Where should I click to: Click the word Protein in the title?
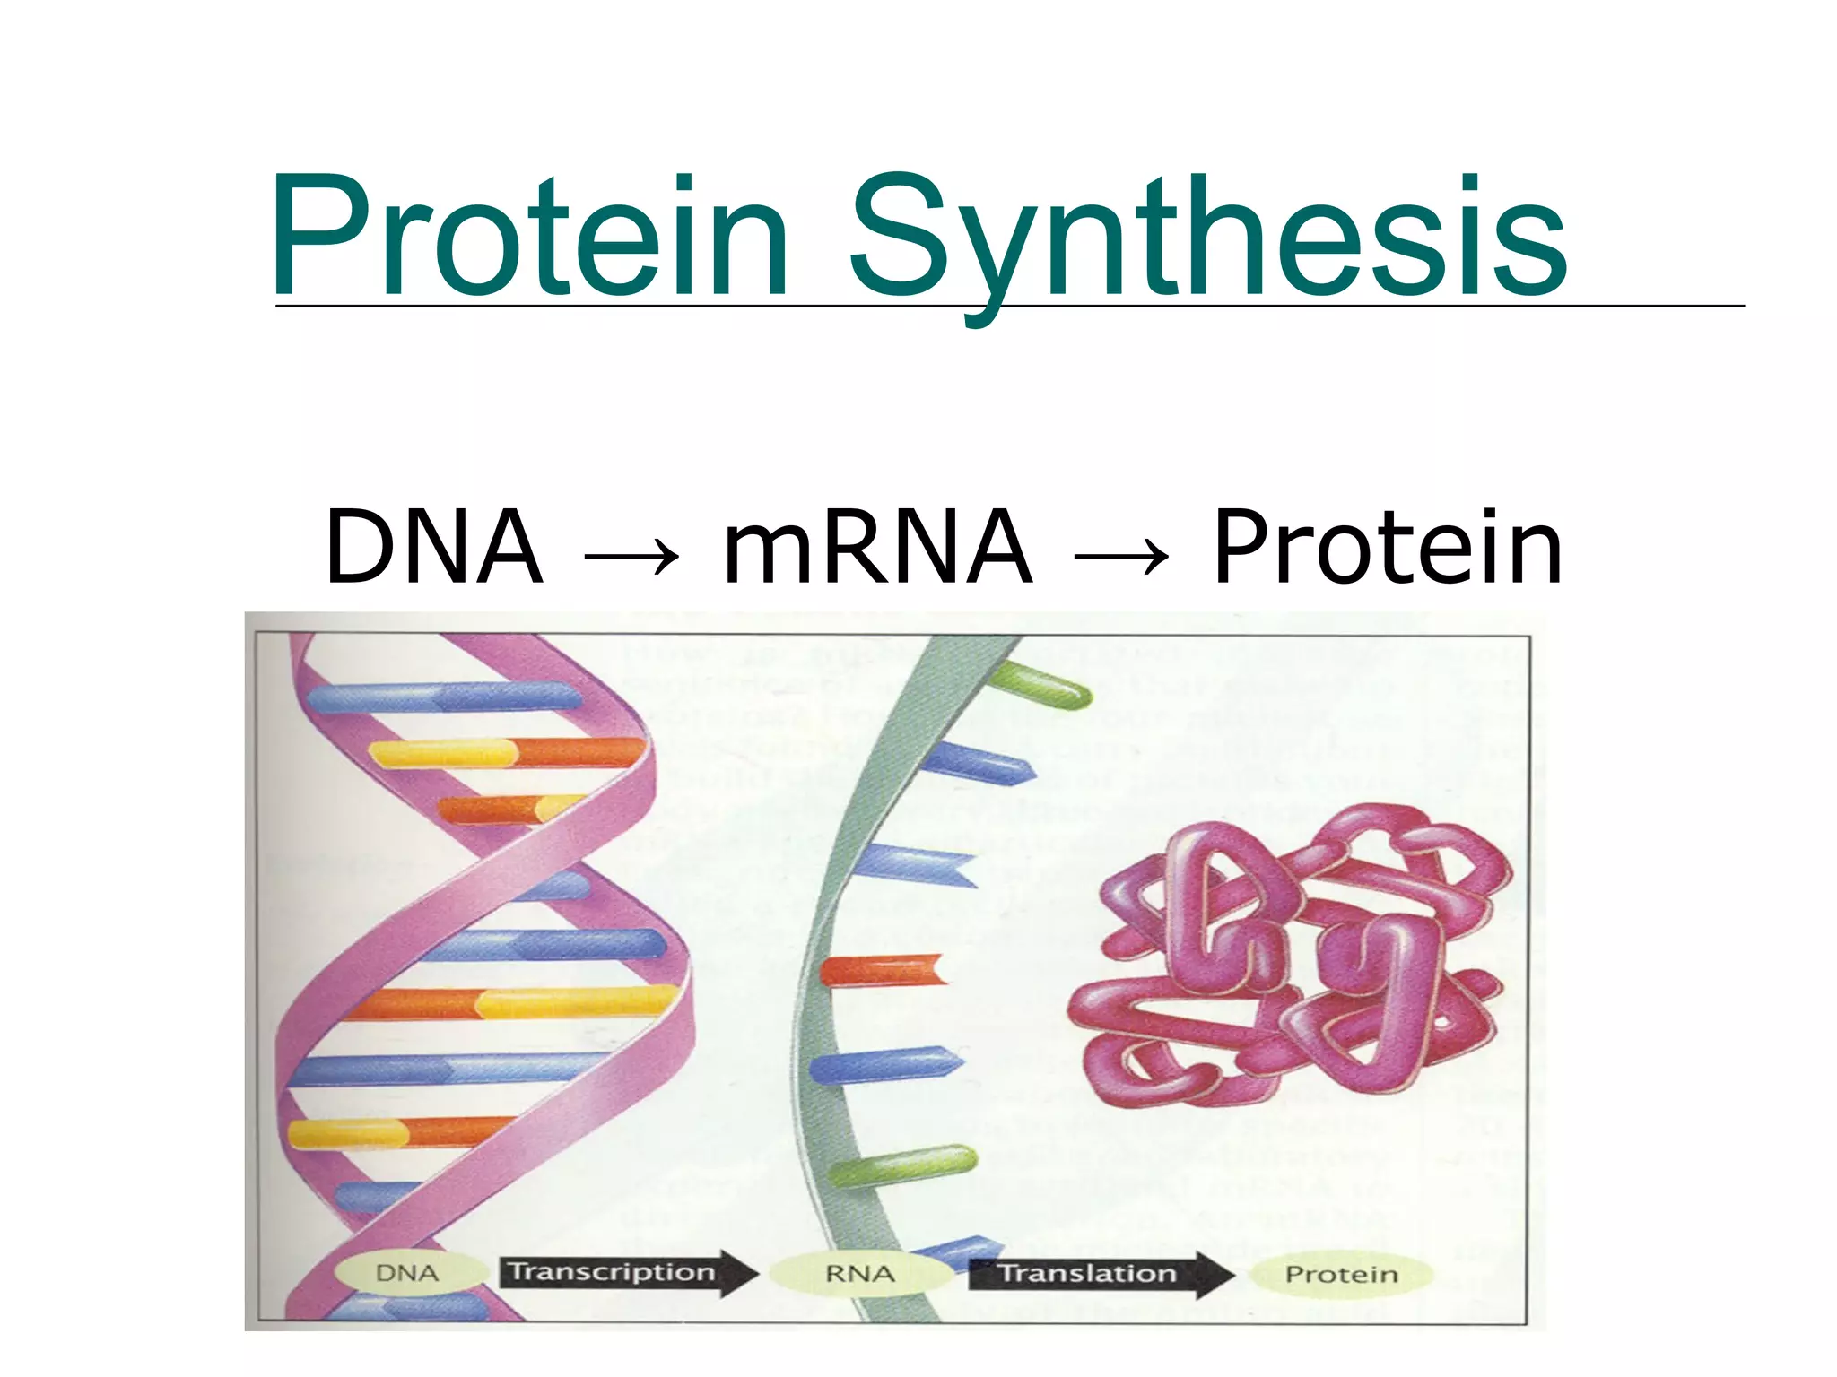coord(529,235)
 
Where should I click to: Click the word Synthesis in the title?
coord(1206,235)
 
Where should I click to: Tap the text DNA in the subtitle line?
coord(434,547)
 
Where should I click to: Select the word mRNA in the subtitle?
coord(876,547)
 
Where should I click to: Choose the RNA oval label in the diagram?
coord(859,1274)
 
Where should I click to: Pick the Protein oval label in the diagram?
coord(1341,1274)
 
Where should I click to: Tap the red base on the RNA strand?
coord(884,972)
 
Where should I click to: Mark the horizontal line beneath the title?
coord(1008,307)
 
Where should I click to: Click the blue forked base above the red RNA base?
coord(915,862)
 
